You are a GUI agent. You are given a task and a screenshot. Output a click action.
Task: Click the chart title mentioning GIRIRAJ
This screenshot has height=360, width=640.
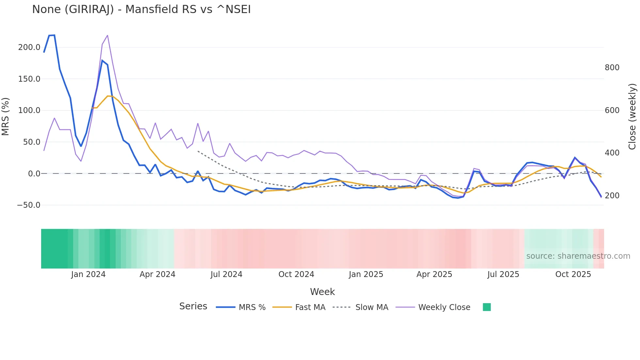(141, 9)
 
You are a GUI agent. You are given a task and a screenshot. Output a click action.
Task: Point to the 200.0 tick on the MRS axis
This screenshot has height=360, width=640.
(29, 47)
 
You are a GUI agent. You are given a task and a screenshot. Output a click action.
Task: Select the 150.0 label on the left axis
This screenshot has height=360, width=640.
(29, 79)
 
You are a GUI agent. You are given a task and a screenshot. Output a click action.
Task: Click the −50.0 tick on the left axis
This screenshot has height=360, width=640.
(28, 205)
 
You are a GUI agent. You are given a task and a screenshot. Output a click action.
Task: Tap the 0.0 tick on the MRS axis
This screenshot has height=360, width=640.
(34, 174)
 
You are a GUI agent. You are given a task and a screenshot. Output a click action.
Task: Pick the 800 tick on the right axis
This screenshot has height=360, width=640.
(612, 68)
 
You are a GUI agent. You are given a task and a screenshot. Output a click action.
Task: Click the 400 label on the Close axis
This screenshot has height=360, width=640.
(612, 153)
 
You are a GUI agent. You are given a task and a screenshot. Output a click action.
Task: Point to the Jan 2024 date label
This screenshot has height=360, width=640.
(88, 274)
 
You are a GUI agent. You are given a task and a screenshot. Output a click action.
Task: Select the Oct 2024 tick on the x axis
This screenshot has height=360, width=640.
(296, 274)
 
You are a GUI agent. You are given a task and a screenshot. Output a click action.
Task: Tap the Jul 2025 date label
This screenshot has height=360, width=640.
(503, 274)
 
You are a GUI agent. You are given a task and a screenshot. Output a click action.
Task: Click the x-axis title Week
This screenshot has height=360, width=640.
(322, 292)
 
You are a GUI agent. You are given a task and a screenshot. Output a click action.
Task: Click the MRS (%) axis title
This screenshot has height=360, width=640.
(5, 117)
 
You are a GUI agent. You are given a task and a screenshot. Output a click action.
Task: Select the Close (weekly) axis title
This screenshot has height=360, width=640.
(632, 117)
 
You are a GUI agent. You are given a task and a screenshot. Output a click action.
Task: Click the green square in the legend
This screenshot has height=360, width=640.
(487, 307)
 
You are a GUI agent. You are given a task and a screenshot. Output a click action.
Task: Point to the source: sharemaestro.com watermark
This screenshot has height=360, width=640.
(578, 256)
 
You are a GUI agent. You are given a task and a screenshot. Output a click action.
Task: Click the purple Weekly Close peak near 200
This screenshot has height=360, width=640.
(107, 36)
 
